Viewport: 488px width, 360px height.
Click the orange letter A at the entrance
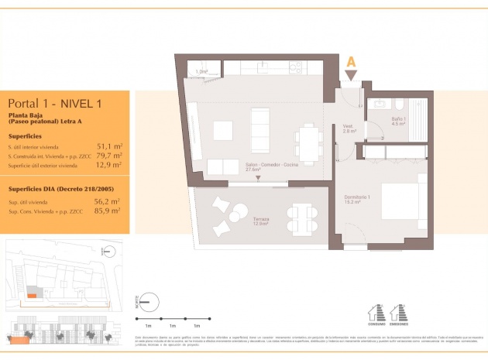(x=351, y=61)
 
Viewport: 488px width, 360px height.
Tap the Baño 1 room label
(x=399, y=120)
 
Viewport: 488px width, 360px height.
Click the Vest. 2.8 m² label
(x=349, y=129)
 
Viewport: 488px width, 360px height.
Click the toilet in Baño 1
(x=399, y=105)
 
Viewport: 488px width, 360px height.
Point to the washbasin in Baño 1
(x=380, y=103)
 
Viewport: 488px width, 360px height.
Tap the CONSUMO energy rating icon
(x=379, y=313)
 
